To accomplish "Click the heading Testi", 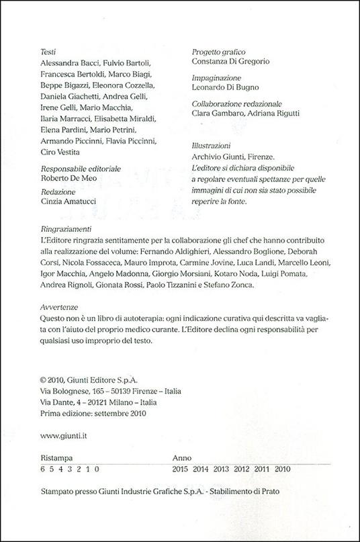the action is [x=49, y=50].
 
